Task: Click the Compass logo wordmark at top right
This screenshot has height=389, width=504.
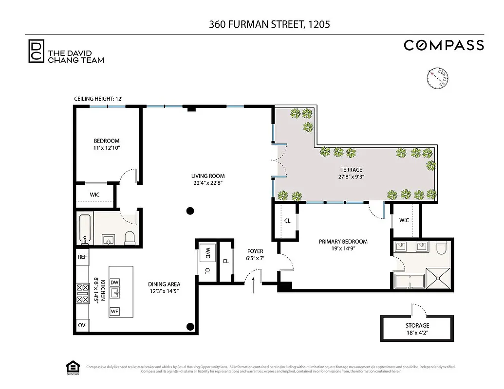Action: [444, 45]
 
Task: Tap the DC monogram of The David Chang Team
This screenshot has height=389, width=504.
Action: [35, 51]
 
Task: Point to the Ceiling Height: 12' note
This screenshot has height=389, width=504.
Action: [98, 99]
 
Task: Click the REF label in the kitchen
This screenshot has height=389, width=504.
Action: [82, 256]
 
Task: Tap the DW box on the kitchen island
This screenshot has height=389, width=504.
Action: [114, 283]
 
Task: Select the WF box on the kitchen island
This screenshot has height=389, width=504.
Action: [114, 311]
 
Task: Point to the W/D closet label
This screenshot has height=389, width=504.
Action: [207, 253]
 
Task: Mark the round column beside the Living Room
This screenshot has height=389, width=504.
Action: [190, 211]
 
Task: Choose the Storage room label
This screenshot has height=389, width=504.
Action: [417, 325]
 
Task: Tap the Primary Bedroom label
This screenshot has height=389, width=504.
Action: [343, 241]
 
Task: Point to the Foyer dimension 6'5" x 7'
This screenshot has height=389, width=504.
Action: [255, 259]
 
